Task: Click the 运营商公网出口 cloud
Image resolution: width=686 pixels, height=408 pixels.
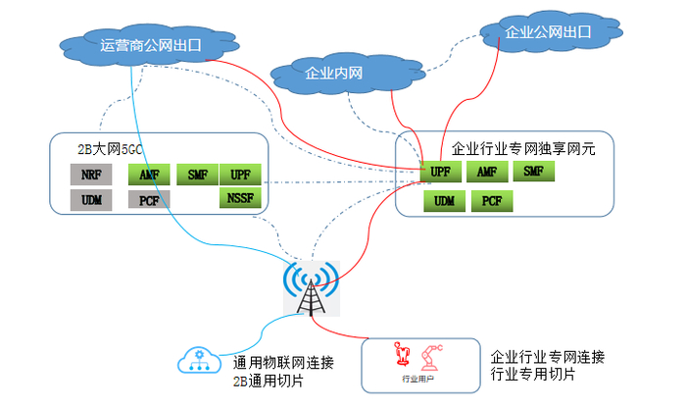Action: [147, 44]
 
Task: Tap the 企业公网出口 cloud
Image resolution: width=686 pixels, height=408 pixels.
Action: [548, 32]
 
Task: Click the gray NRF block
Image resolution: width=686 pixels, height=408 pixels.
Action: [91, 176]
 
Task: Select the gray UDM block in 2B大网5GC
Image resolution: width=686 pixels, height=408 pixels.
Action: [91, 201]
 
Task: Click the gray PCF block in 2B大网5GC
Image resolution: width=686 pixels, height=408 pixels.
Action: [149, 201]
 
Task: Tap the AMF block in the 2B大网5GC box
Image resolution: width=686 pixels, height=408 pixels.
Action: [149, 176]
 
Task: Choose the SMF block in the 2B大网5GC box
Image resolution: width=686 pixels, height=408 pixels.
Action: [196, 176]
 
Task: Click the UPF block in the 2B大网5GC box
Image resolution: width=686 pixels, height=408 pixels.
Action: [239, 176]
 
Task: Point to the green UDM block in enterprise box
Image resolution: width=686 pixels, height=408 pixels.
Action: [445, 201]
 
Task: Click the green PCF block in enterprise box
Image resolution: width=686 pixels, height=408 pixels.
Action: [492, 201]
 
